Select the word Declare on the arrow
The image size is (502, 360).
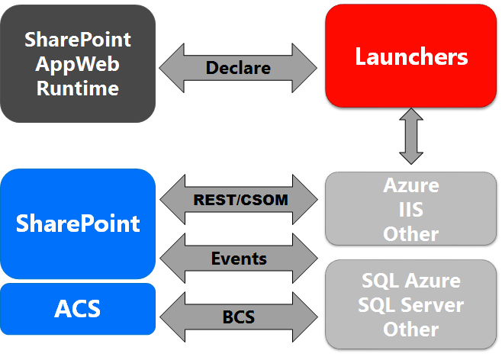click(238, 68)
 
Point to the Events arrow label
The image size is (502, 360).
click(238, 259)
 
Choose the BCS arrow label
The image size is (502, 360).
click(238, 315)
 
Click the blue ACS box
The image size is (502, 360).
click(78, 309)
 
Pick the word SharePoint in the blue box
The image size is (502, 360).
click(78, 223)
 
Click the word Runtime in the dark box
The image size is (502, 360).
click(78, 88)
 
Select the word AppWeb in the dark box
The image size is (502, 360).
click(78, 63)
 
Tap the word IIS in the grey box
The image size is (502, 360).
click(411, 209)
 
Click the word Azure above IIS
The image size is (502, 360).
click(411, 186)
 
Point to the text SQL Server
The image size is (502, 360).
click(411, 304)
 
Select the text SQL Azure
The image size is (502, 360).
click(411, 280)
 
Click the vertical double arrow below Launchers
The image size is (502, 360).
click(411, 137)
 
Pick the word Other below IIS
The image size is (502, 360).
click(411, 233)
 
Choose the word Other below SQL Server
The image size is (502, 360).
click(411, 329)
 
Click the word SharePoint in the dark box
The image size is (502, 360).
click(78, 39)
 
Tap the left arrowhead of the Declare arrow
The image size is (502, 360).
click(172, 68)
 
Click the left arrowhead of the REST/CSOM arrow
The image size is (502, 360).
click(172, 201)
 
